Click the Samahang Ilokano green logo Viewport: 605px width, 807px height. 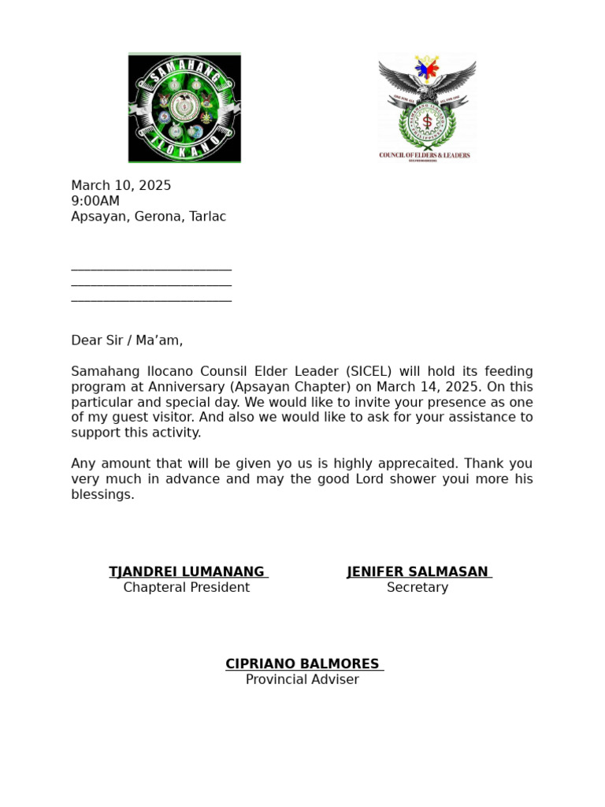[x=184, y=108]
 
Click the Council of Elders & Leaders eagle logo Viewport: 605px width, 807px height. [x=425, y=106]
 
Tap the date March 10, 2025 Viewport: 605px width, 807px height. [x=121, y=186]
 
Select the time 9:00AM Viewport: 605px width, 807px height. [x=95, y=201]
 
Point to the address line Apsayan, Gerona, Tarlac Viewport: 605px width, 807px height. [x=148, y=217]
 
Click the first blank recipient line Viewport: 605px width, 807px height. [x=151, y=268]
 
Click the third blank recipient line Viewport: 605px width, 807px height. [x=151, y=299]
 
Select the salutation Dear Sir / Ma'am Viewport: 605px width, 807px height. [x=127, y=340]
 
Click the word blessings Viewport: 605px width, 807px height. [x=102, y=495]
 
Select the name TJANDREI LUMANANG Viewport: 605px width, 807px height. [x=187, y=572]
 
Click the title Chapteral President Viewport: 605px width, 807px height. [x=187, y=588]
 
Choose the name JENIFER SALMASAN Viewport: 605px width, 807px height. [x=418, y=572]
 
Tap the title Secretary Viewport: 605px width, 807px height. [x=418, y=588]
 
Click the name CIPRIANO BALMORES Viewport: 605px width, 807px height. [x=302, y=664]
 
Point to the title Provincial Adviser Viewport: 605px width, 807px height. [x=302, y=680]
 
